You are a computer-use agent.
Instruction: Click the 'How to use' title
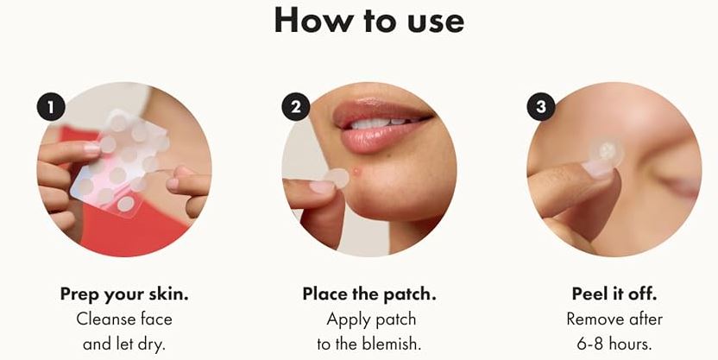(368, 21)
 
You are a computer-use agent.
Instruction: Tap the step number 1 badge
(51, 107)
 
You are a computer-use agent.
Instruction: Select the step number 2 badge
(296, 107)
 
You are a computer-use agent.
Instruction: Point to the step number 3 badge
(541, 107)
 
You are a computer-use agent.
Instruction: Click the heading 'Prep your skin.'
(124, 294)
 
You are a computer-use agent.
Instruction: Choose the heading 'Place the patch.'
(369, 294)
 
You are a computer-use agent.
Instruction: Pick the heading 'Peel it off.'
(614, 294)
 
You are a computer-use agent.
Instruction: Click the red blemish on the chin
(356, 172)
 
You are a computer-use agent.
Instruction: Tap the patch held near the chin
(338, 178)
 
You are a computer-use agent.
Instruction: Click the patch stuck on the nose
(606, 152)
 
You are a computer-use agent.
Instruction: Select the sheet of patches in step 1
(120, 161)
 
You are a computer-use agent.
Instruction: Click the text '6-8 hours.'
(614, 344)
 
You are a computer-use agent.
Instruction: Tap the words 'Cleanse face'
(124, 319)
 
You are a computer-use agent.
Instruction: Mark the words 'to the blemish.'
(369, 344)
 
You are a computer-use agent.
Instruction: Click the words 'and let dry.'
(123, 344)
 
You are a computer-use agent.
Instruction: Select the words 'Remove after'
(614, 319)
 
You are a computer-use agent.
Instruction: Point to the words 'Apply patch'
(371, 319)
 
